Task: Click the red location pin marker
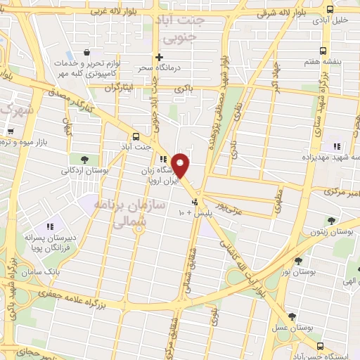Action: coord(181,165)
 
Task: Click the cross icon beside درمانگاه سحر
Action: coord(160,57)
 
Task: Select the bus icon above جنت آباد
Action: coord(136,136)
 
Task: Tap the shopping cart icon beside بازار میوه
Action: coord(10,131)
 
